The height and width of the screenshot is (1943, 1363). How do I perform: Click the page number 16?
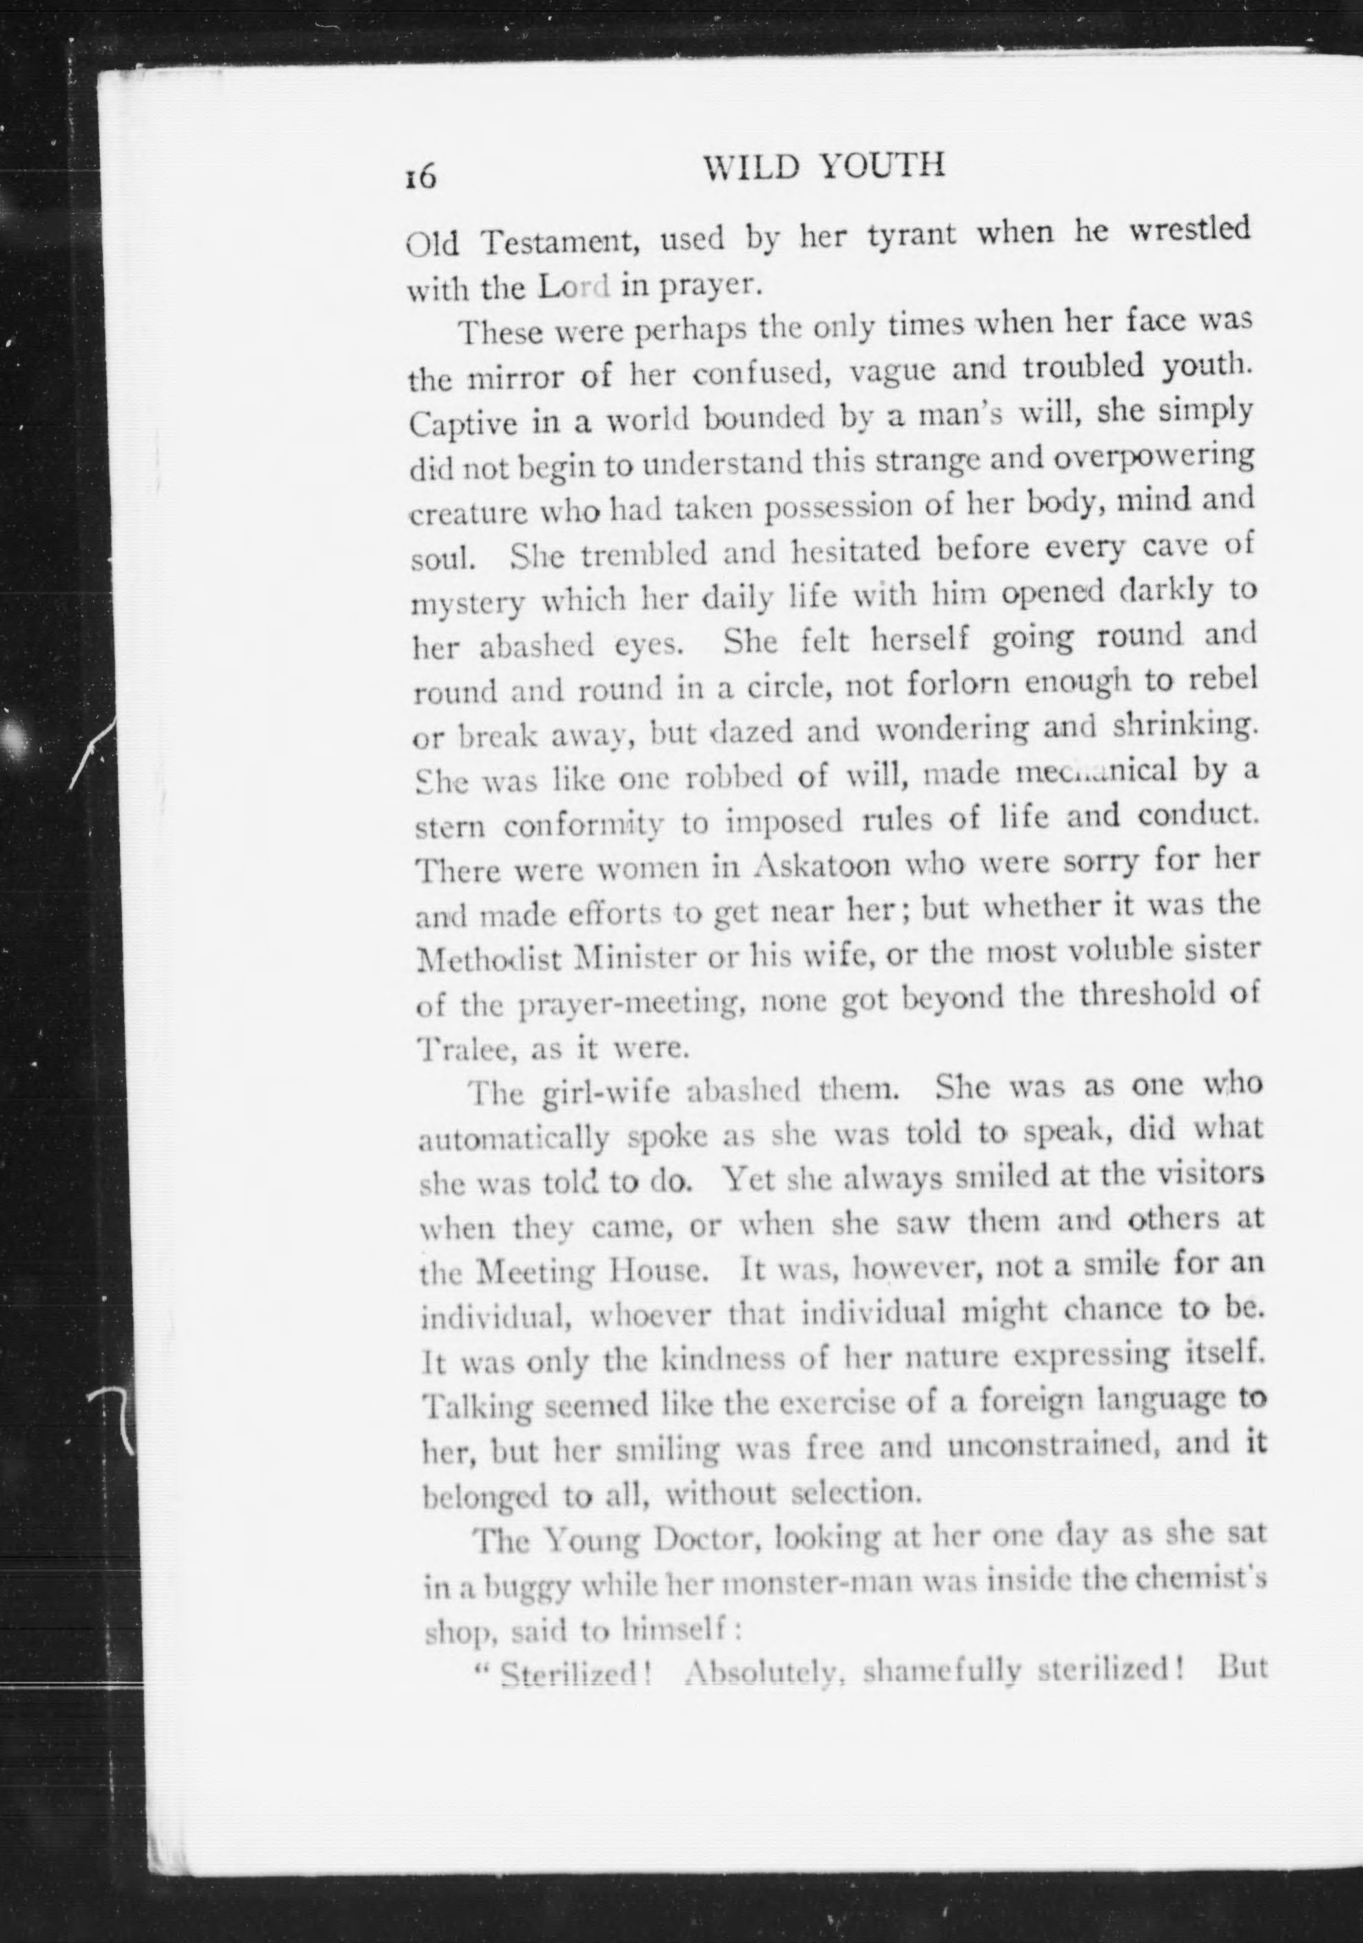click(x=420, y=176)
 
